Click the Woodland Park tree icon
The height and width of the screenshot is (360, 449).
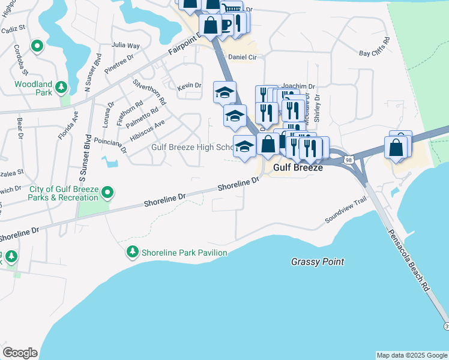pos(61,88)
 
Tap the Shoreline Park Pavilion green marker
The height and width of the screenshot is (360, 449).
pos(132,253)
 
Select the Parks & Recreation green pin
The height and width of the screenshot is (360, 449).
pos(107,193)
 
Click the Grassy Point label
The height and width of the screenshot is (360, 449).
pos(318,262)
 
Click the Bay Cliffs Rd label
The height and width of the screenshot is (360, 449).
pos(374,47)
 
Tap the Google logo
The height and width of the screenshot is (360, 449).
pos(20,353)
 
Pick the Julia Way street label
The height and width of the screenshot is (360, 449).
pos(125,45)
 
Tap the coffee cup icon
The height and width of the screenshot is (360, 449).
pos(225,23)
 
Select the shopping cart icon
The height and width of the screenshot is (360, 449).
pos(231,8)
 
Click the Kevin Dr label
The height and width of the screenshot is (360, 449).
pos(189,86)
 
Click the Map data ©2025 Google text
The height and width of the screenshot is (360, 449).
pos(411,355)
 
